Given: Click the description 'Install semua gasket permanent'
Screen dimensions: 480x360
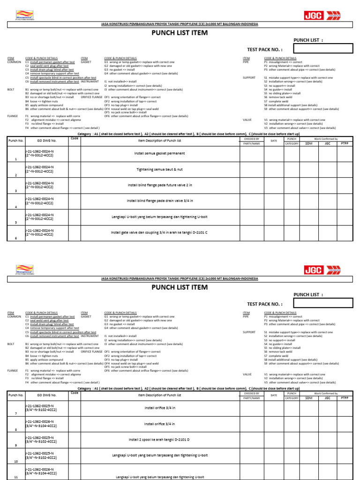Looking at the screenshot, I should click(159, 153).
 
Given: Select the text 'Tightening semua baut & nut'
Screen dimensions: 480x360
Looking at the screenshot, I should click(159, 169).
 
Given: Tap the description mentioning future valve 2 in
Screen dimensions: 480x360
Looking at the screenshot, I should click(159, 185).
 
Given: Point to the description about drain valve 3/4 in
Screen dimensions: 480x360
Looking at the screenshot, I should click(159, 201).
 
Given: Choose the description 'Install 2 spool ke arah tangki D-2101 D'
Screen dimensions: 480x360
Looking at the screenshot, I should click(159, 440).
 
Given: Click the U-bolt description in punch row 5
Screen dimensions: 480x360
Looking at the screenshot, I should click(159, 217).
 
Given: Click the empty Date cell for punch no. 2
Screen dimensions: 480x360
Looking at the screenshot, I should click(274, 169).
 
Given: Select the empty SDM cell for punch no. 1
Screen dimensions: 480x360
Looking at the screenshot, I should click(308, 154).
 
